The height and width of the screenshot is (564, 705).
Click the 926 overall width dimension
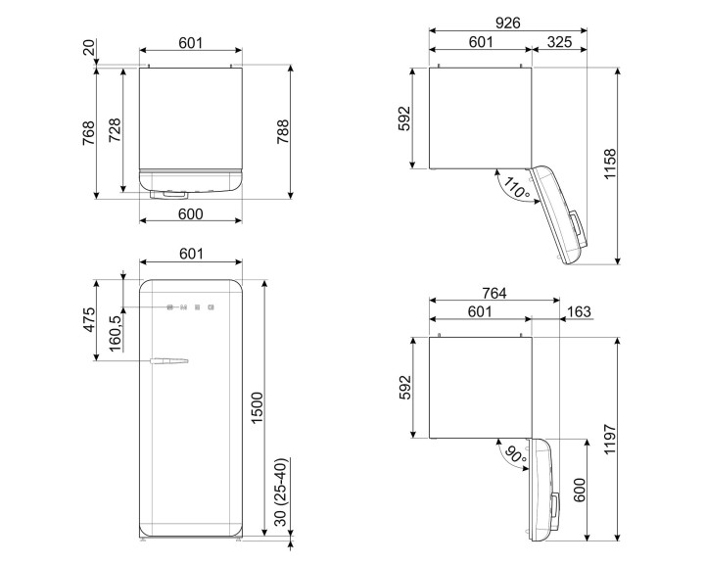coord(506,23)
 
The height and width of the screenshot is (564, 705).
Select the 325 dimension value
coord(560,41)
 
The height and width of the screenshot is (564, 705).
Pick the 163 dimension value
coord(579,312)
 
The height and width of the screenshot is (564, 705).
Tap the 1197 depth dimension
coord(637,438)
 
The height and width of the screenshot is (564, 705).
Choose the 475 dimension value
coord(87,320)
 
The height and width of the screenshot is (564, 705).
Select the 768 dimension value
coord(87,132)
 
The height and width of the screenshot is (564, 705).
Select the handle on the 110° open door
coord(582,227)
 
